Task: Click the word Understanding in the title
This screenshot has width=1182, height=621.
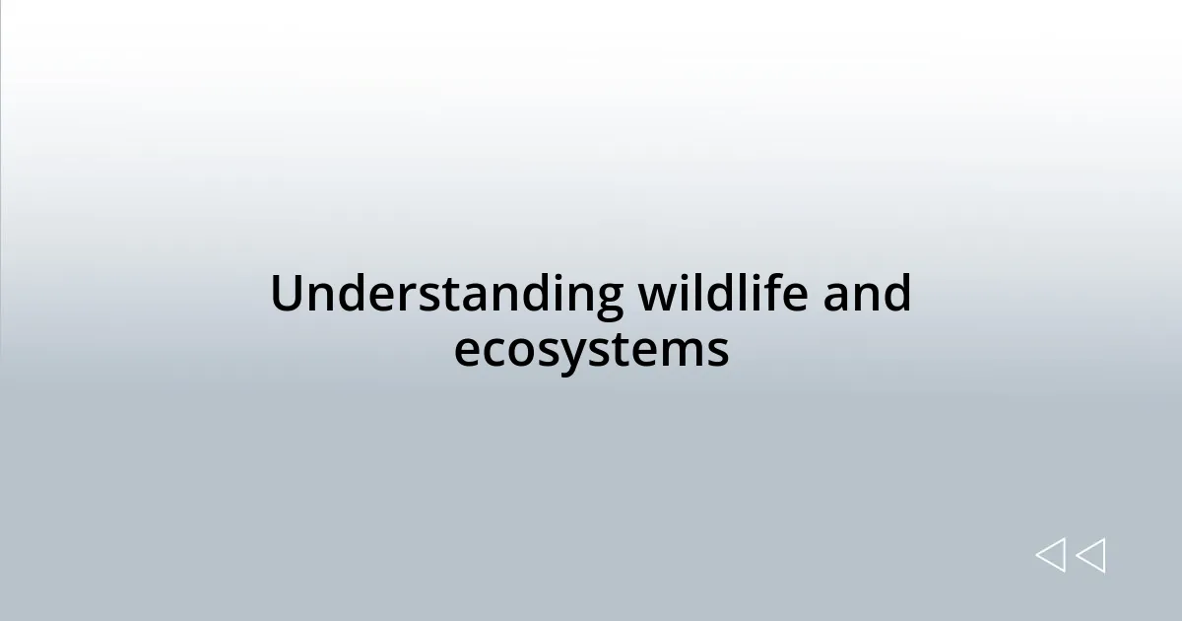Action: pyautogui.click(x=446, y=295)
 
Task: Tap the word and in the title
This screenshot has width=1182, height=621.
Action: pyautogui.click(x=867, y=295)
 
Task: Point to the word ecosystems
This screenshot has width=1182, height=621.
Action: pyautogui.click(x=591, y=351)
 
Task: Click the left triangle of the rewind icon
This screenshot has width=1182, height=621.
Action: pyautogui.click(x=1050, y=556)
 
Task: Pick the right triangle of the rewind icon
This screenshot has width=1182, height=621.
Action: pyautogui.click(x=1090, y=556)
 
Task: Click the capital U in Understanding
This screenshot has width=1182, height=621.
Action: pyautogui.click(x=285, y=295)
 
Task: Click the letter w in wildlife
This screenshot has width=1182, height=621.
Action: pyautogui.click(x=654, y=299)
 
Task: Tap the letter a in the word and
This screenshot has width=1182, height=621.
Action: pyautogui.click(x=837, y=299)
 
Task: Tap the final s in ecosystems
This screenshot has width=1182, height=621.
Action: pyautogui.click(x=718, y=353)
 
